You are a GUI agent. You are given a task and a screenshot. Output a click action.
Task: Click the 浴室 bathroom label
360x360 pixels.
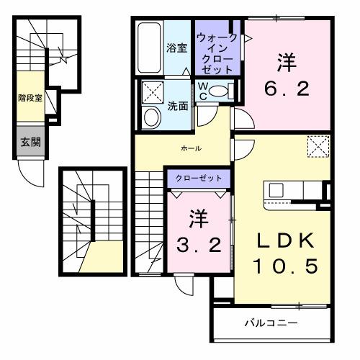point(177,48)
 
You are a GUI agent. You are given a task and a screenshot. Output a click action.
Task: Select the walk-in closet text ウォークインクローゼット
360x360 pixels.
point(218,51)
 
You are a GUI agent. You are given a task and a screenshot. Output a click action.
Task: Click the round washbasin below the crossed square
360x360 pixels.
point(152,117)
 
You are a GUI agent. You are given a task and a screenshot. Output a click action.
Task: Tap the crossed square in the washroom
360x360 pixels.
point(152,92)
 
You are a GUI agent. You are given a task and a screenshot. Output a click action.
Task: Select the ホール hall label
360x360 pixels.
point(191,148)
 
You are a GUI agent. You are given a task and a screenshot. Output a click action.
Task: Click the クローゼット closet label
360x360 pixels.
point(199,177)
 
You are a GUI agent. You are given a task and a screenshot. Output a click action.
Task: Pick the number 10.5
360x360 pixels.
point(284,267)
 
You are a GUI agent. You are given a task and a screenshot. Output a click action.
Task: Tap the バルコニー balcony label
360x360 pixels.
point(270,322)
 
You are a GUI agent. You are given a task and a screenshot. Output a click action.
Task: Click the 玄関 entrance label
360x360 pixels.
point(30,142)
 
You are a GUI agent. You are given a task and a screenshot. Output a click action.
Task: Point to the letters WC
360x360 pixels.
point(204,90)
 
